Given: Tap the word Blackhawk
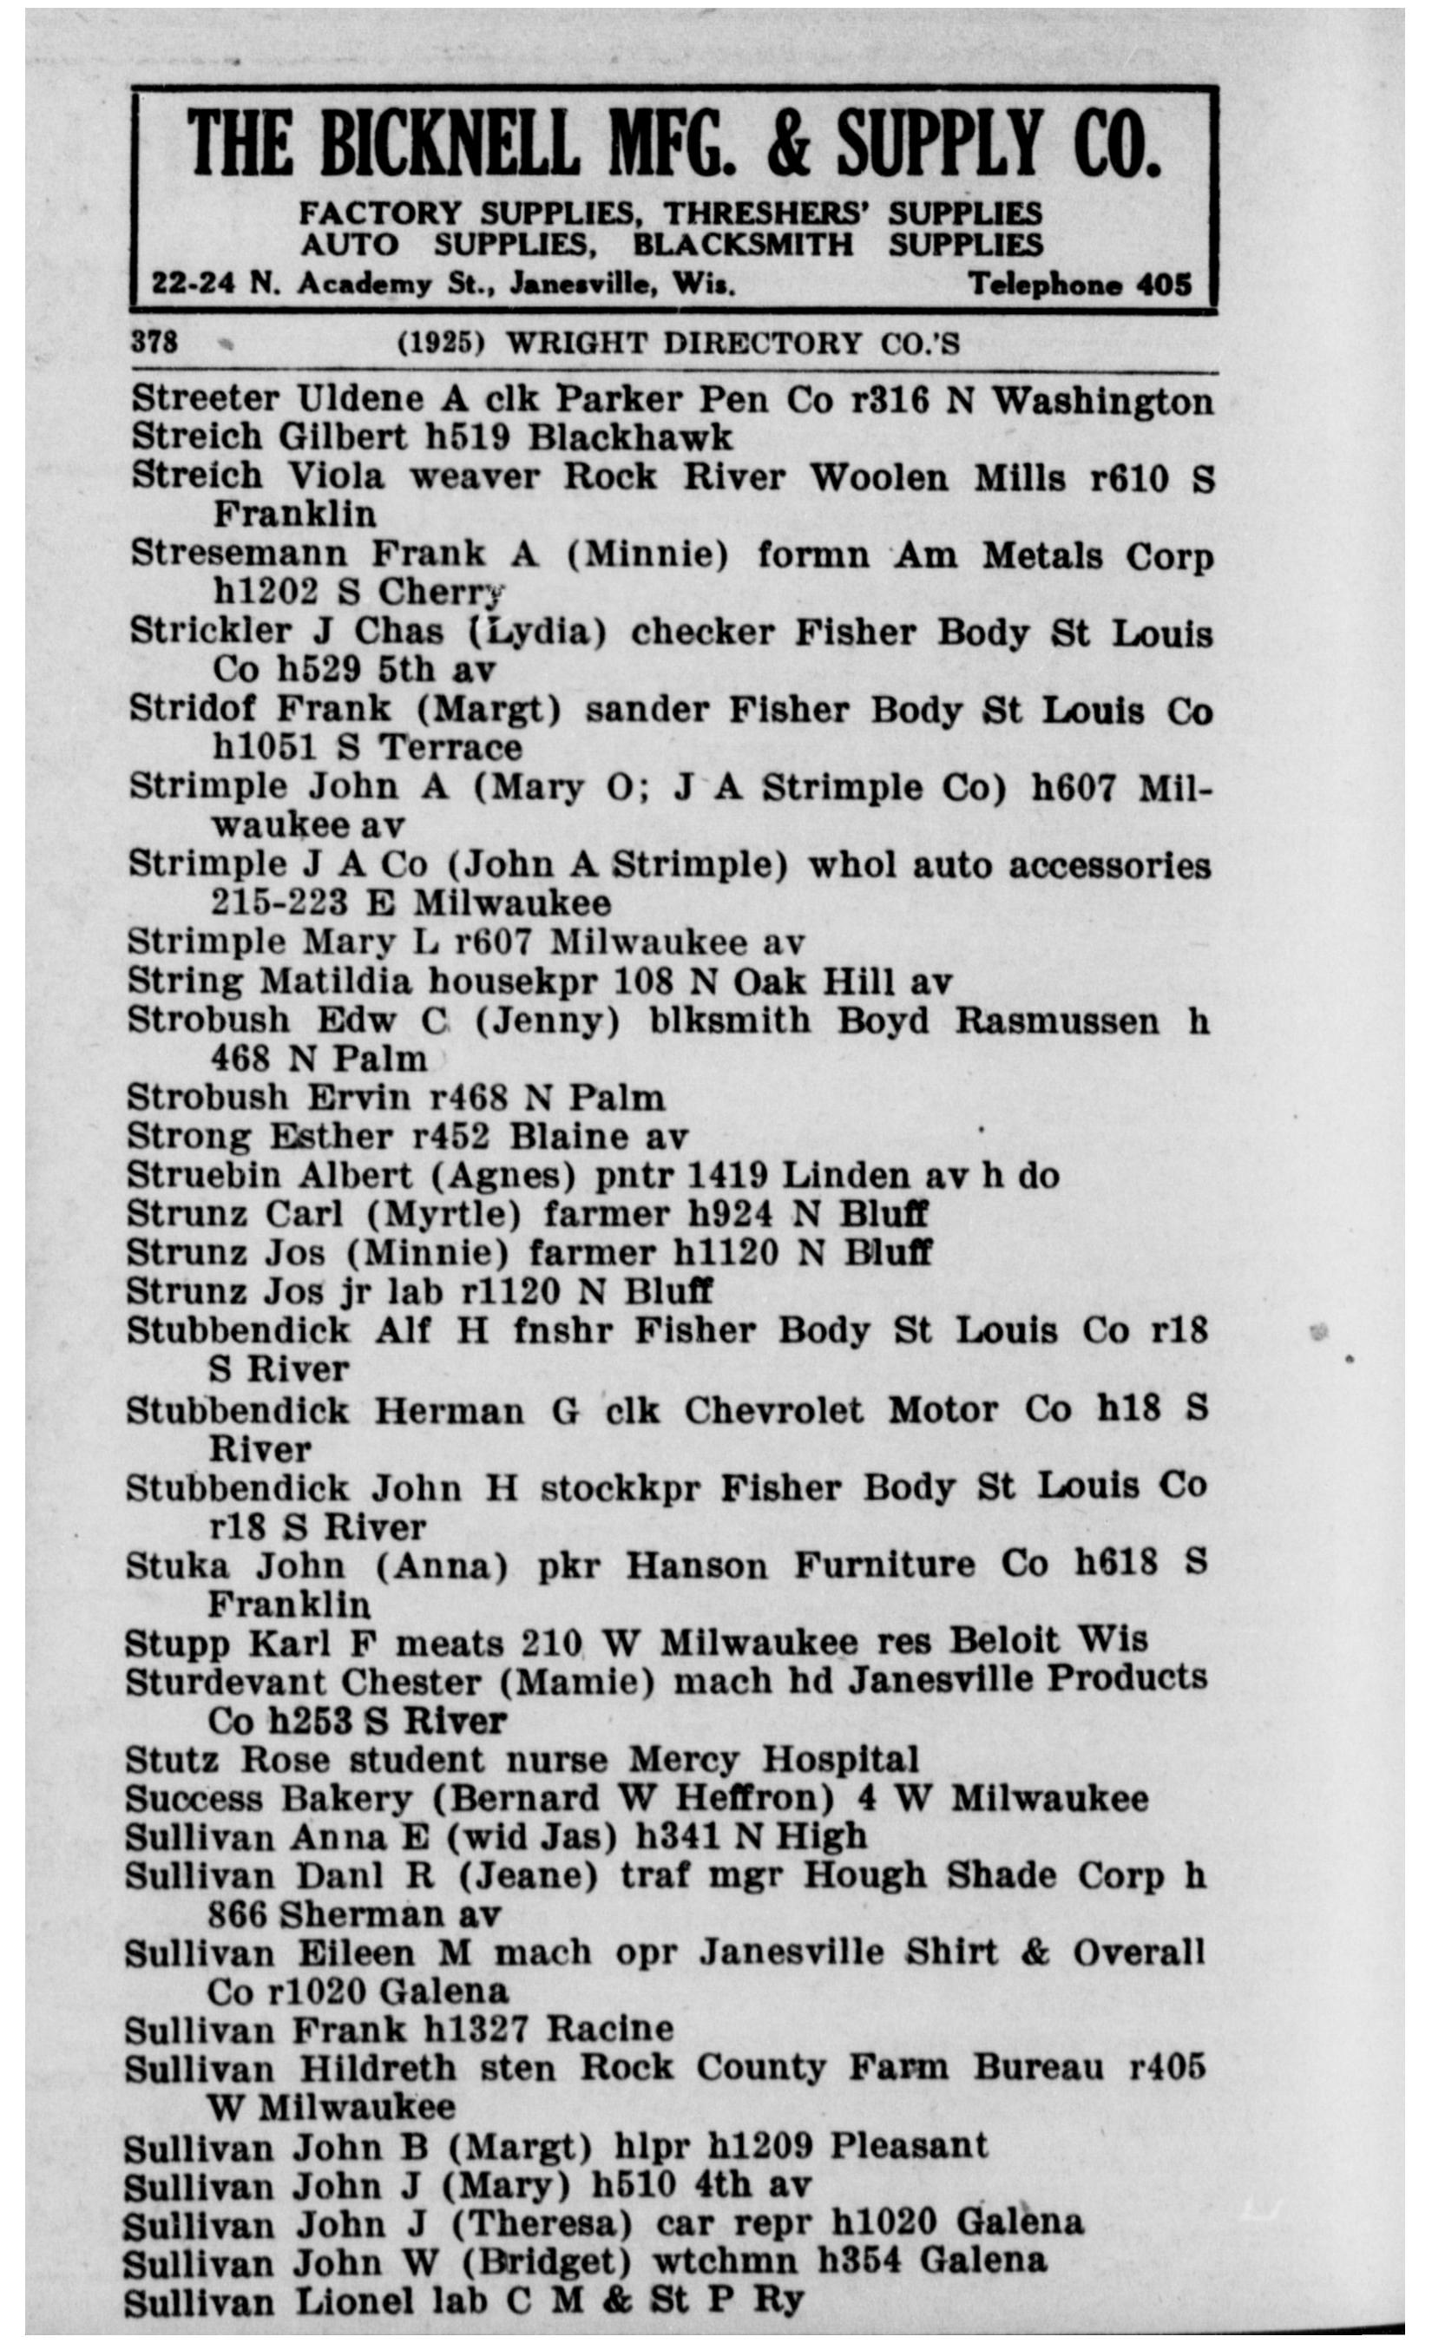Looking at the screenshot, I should pos(630,437).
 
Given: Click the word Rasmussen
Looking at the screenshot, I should pos(1056,1021).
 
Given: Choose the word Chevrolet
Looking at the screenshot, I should pos(773,1409).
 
